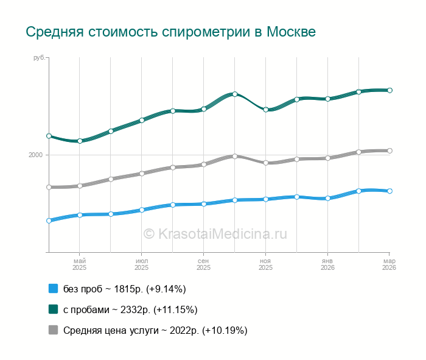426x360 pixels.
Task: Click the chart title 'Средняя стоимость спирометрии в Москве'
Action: (170, 32)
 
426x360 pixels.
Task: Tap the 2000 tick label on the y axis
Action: (35, 155)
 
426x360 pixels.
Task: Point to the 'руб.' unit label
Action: (40, 58)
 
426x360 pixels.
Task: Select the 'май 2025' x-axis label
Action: (79, 264)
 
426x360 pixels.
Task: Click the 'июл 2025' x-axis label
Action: (141, 264)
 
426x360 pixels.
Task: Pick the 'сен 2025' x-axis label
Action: (203, 264)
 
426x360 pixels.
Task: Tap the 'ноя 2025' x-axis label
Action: (265, 264)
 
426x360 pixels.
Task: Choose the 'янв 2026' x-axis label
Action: (327, 264)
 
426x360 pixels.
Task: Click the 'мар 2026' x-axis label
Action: (389, 264)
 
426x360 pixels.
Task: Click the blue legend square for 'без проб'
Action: (53, 289)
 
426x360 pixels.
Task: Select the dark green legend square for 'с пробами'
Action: (53, 309)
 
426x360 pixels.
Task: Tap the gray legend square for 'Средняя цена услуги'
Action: (53, 330)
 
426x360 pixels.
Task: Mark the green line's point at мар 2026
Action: (389, 90)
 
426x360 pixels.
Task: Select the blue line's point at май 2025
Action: (79, 215)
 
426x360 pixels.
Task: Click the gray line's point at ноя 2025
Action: (265, 163)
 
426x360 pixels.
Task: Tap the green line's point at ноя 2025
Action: (265, 110)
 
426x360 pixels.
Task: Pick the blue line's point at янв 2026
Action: (327, 198)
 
